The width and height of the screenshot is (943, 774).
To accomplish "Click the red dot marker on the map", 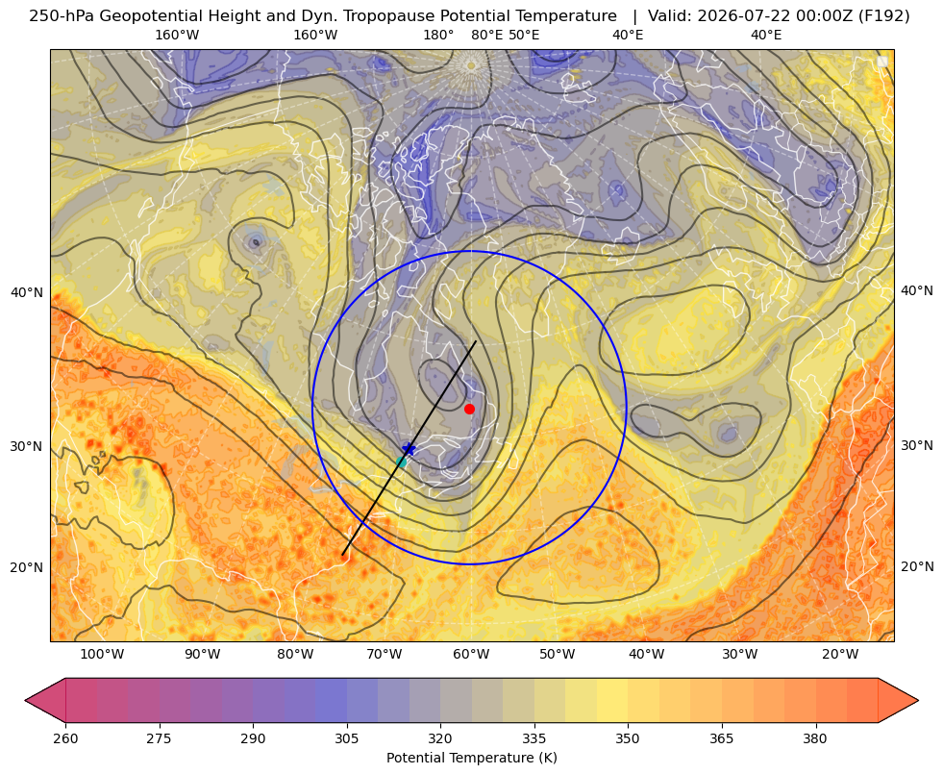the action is (x=470, y=409).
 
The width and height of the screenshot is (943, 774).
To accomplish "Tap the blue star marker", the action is (x=409, y=449).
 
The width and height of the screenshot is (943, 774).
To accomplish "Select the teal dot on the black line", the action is (x=402, y=462).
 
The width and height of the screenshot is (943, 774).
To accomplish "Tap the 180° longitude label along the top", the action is (x=438, y=35).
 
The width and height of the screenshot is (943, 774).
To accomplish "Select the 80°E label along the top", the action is (x=486, y=35).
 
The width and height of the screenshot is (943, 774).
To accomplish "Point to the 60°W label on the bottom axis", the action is (x=471, y=655).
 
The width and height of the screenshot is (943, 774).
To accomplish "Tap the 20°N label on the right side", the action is (x=917, y=566).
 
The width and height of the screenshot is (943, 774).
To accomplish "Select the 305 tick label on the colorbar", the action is (x=346, y=738).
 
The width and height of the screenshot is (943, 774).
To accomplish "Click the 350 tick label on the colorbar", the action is (x=628, y=738).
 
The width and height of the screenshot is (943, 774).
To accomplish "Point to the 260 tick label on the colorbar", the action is (x=65, y=738).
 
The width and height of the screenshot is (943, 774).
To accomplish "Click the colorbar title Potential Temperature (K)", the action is (x=471, y=758).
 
